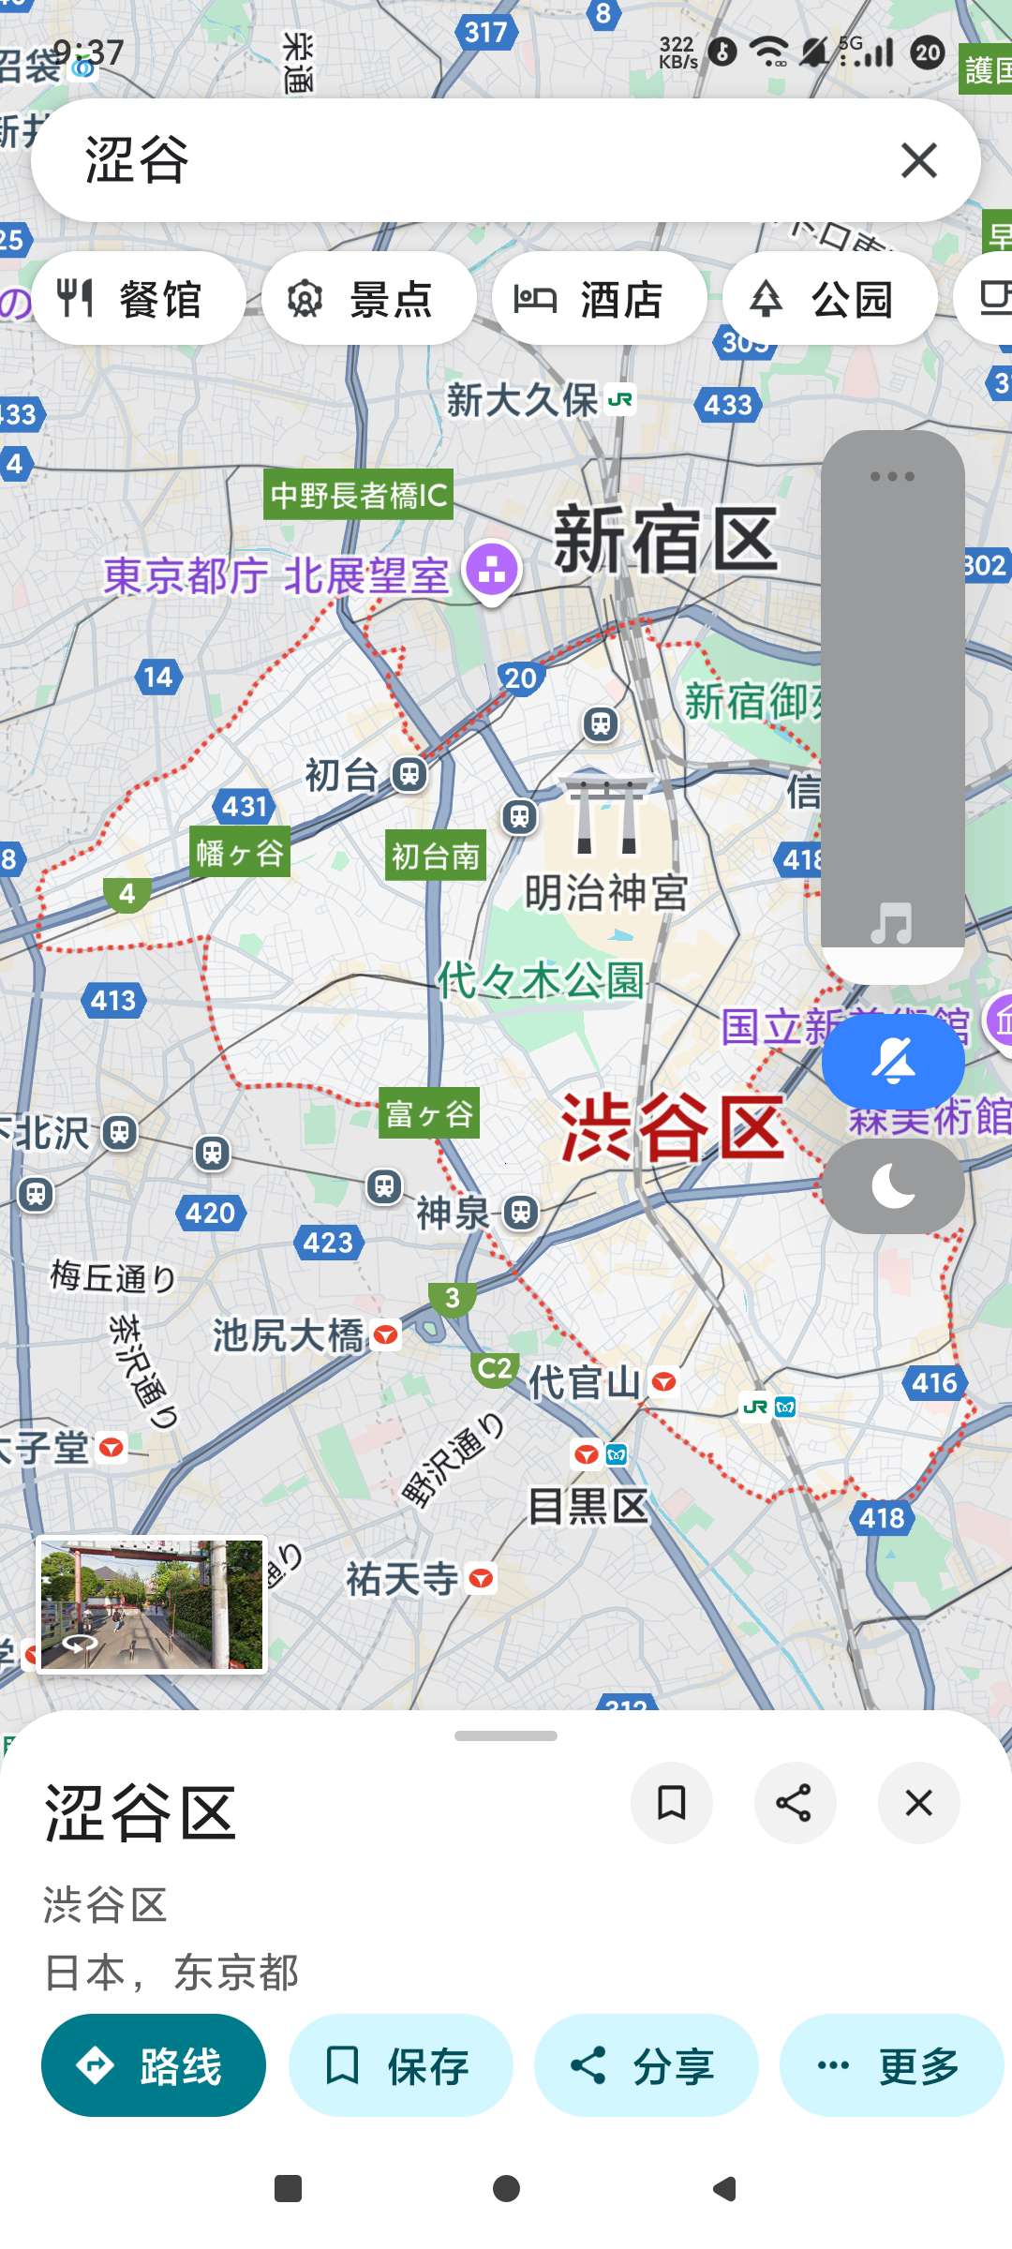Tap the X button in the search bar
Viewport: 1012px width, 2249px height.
918,160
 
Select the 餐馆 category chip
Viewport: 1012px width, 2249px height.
139,299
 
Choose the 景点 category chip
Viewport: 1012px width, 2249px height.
369,299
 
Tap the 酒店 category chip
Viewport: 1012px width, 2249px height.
600,299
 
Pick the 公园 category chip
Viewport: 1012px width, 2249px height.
830,299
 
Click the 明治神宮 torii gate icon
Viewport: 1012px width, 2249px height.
606,814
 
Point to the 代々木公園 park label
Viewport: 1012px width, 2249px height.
541,980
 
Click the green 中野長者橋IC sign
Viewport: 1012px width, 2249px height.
359,495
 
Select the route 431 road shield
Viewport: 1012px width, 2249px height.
246,806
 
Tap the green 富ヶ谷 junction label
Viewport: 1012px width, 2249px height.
429,1113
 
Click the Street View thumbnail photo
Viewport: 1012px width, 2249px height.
152,1604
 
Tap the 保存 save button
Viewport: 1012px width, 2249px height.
400,2065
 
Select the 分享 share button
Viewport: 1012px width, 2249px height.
646,2065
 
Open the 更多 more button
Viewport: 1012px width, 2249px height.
891,2065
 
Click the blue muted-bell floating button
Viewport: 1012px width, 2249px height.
893,1063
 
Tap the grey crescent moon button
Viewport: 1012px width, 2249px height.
893,1186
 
